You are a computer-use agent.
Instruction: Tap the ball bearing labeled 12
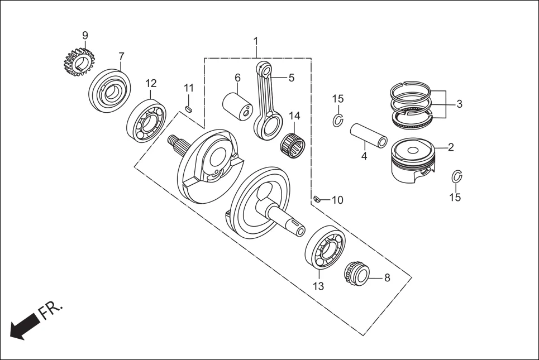coord(146,121)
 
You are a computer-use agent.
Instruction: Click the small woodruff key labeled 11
coord(189,108)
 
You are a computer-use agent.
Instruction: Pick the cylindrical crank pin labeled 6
coord(238,105)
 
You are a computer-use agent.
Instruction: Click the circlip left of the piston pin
coord(338,120)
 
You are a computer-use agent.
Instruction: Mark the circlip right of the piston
coord(456,177)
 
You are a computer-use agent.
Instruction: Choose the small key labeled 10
coord(316,199)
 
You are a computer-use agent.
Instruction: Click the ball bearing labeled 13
coord(325,247)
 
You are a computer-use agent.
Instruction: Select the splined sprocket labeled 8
coord(357,275)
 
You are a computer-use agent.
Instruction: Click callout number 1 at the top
coord(256,41)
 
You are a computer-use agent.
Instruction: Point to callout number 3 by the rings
coord(459,104)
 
